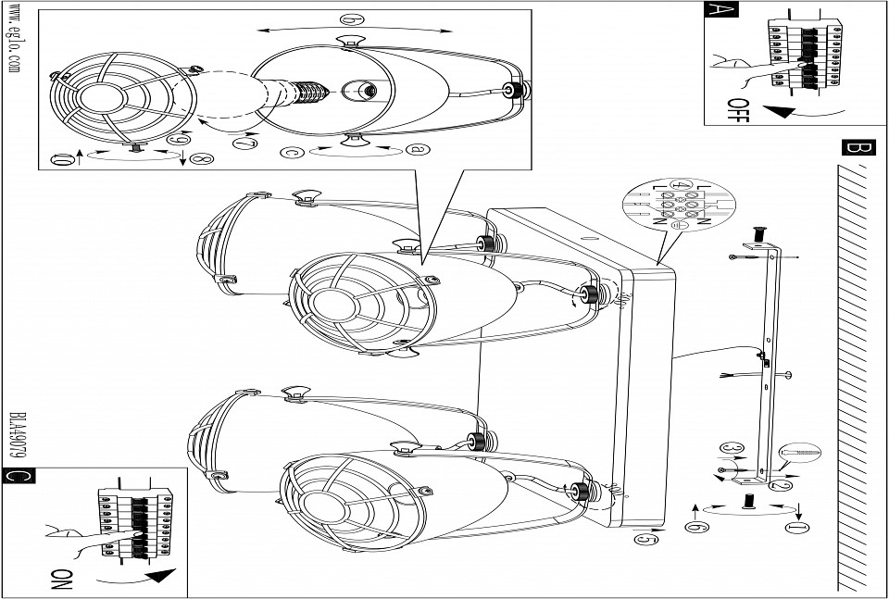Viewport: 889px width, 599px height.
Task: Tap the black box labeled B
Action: click(x=858, y=148)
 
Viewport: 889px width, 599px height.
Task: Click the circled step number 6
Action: click(x=691, y=527)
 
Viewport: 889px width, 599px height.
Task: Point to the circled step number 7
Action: click(x=244, y=144)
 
